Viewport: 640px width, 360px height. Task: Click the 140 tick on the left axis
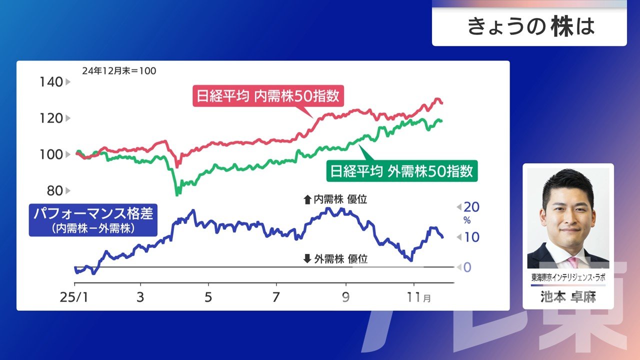coord(51,82)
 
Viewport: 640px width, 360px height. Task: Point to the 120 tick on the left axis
coord(51,118)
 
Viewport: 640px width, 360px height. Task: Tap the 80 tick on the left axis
coord(55,190)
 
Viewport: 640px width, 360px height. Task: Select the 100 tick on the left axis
coord(51,154)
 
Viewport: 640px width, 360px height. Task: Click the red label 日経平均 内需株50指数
coord(268,95)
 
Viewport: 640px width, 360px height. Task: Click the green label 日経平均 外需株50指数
coord(402,171)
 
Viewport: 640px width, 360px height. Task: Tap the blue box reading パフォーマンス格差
coord(93,219)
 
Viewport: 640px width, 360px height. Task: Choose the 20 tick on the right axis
coord(471,207)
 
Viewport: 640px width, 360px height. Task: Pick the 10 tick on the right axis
coord(471,237)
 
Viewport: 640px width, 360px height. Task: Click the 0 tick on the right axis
coord(467,267)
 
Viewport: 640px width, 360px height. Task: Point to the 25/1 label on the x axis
coord(74,297)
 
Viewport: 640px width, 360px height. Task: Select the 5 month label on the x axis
coord(208,297)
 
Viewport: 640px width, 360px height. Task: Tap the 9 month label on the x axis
coord(345,297)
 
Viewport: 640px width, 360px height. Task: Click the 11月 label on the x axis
coord(418,297)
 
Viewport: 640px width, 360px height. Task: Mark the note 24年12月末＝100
coord(119,71)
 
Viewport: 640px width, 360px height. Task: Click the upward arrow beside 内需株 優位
coord(307,199)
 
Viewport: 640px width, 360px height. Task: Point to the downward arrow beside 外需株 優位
coord(307,258)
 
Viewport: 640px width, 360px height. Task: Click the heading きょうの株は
coord(531,27)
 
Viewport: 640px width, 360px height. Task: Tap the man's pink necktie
coord(572,262)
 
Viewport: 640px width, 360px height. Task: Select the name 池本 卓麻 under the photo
coord(568,297)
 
